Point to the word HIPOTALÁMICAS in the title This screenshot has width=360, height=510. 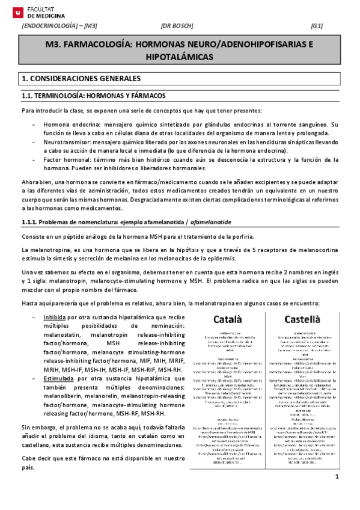coord(180,57)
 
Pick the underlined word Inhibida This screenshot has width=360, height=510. coord(55,318)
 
